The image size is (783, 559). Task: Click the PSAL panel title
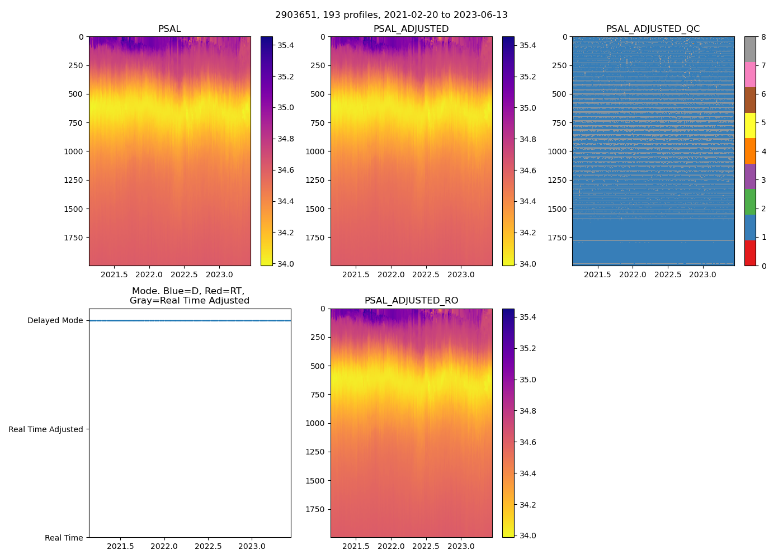[169, 29]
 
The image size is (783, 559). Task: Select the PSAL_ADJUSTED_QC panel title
[653, 29]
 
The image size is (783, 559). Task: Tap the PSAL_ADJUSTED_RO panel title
[411, 301]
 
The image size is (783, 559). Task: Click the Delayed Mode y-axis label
[55, 321]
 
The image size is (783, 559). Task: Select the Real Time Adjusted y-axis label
[46, 429]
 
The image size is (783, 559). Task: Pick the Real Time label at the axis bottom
[64, 538]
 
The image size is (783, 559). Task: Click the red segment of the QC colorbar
[750, 253]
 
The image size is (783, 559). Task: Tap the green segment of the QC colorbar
[750, 202]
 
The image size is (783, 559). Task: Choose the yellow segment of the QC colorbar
[750, 125]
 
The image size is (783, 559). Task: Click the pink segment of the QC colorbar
[750, 74]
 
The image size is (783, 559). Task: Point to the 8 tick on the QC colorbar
[763, 37]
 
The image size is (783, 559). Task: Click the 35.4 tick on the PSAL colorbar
[286, 45]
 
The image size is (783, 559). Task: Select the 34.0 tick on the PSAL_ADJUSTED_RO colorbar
[527, 536]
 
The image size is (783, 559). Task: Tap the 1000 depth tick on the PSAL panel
[74, 151]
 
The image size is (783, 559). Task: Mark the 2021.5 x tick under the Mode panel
[120, 547]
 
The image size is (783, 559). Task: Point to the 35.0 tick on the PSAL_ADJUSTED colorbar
[527, 108]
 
